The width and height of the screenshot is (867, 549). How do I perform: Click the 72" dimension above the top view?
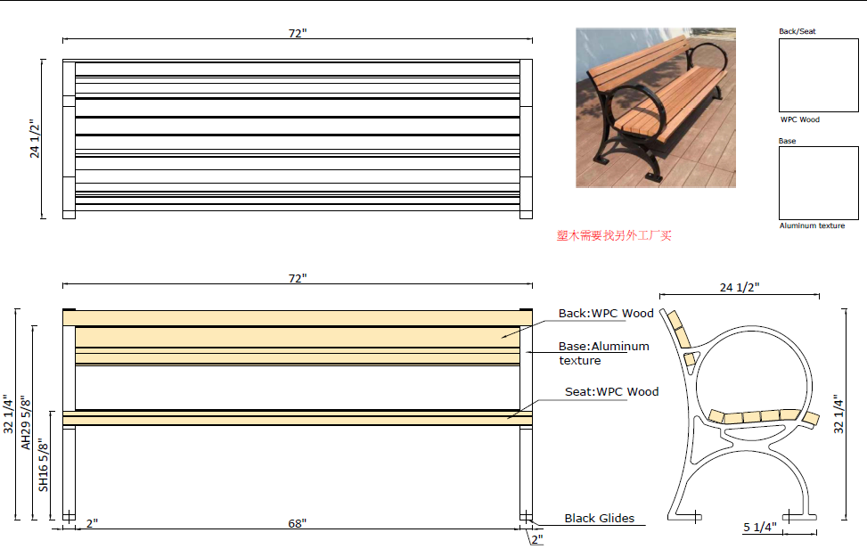coord(298,33)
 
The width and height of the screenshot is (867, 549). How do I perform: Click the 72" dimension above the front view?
coord(298,278)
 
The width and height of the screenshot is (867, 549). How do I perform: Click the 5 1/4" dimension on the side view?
coord(759,526)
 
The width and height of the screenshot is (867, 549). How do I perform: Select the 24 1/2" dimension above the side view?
coord(740,287)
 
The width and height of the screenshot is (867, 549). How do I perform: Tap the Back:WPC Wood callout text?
coord(606,313)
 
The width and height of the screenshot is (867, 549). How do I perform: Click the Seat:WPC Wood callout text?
coord(612,391)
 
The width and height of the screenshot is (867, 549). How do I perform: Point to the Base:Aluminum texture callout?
coord(603,353)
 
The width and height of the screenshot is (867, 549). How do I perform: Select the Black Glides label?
coord(599,518)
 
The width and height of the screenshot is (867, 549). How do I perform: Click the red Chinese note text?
coord(614,235)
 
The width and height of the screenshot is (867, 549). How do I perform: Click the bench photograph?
coord(655,107)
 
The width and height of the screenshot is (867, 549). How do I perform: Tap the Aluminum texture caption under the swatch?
coord(812,225)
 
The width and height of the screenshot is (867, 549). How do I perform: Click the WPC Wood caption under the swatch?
coord(799,119)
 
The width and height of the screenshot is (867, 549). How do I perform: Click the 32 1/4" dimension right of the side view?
coord(838,414)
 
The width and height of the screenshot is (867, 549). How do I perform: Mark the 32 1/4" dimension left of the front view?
coord(9,414)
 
